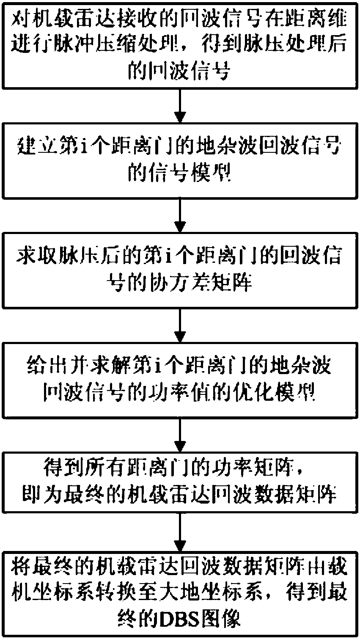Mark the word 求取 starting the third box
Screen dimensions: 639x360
pos(33,257)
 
